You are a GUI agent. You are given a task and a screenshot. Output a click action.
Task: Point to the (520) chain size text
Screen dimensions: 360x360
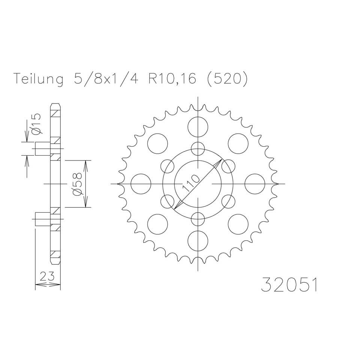point(225,80)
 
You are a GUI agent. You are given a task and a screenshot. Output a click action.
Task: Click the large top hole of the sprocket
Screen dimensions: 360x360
point(198,127)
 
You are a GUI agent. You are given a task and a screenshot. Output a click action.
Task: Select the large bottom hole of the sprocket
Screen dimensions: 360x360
point(198,241)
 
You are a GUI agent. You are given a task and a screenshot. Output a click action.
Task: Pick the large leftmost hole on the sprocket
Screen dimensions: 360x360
point(141,184)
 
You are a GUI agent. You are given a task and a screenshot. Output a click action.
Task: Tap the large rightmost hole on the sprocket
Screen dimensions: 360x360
point(255,184)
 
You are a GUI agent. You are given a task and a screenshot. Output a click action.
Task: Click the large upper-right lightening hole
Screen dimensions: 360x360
point(238,144)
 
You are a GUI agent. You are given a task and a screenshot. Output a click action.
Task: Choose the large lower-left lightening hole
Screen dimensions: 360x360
point(157,225)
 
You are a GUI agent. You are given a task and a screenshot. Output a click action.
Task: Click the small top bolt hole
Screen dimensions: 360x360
point(198,149)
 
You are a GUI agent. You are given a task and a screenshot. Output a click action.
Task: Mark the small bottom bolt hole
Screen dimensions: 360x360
point(198,219)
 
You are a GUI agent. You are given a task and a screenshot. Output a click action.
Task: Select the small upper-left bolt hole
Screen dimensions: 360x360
point(168,166)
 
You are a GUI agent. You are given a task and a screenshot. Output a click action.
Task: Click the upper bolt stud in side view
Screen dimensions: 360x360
point(43,149)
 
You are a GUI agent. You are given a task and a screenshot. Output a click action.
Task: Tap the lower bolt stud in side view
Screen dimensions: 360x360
point(43,219)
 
